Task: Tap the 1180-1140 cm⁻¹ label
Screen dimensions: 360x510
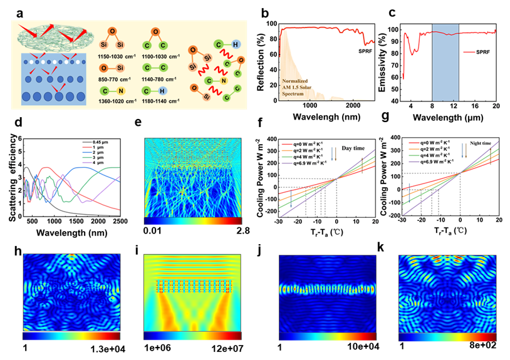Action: pos(159,100)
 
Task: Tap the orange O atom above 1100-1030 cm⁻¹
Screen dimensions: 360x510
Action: pos(155,31)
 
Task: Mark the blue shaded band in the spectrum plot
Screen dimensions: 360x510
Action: pos(445,63)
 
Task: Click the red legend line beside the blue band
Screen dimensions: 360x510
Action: pos(470,52)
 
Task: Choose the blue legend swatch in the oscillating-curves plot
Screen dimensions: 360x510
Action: pos(87,152)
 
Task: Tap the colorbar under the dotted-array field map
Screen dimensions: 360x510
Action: pos(192,336)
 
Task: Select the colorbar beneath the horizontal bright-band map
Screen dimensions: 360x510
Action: pos(327,336)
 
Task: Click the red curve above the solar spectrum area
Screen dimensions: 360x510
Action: pos(326,29)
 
